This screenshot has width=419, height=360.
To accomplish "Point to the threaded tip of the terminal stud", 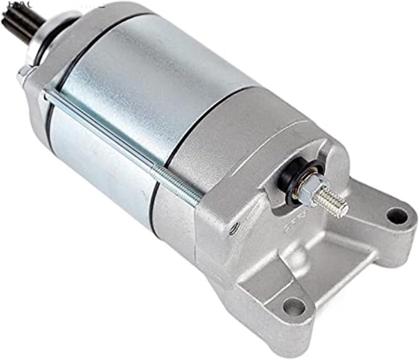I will (x=336, y=204).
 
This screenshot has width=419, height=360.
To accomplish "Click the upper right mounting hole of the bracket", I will (x=396, y=215).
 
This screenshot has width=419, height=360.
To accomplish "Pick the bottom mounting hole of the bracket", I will (x=294, y=307).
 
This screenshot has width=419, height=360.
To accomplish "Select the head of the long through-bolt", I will (x=24, y=73).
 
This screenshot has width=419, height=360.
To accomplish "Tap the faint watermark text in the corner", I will (x=10, y=4).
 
